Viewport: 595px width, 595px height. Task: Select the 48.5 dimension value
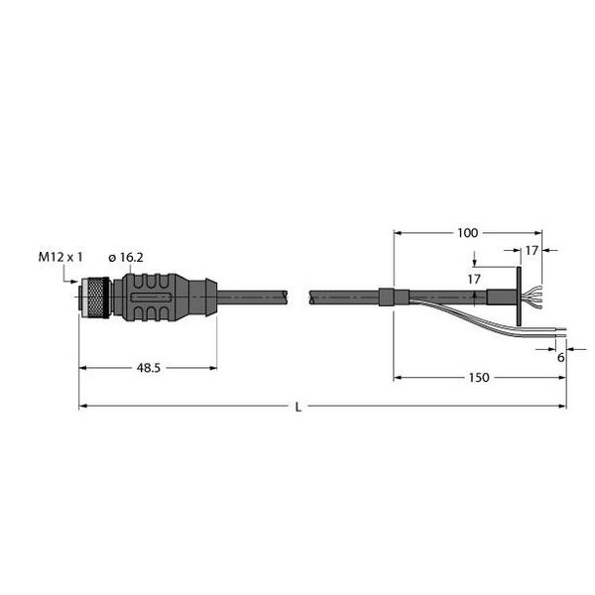[x=147, y=368]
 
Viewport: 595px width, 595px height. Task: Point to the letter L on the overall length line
[x=298, y=407]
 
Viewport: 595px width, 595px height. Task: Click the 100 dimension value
[x=466, y=233]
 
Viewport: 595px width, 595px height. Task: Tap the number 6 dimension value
[x=561, y=358]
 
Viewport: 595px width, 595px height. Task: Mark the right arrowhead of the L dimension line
[x=563, y=407]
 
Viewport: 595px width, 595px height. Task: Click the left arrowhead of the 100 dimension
[x=398, y=233]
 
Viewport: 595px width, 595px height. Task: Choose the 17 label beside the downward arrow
[x=474, y=279]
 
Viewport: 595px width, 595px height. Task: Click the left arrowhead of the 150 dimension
[x=398, y=378]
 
